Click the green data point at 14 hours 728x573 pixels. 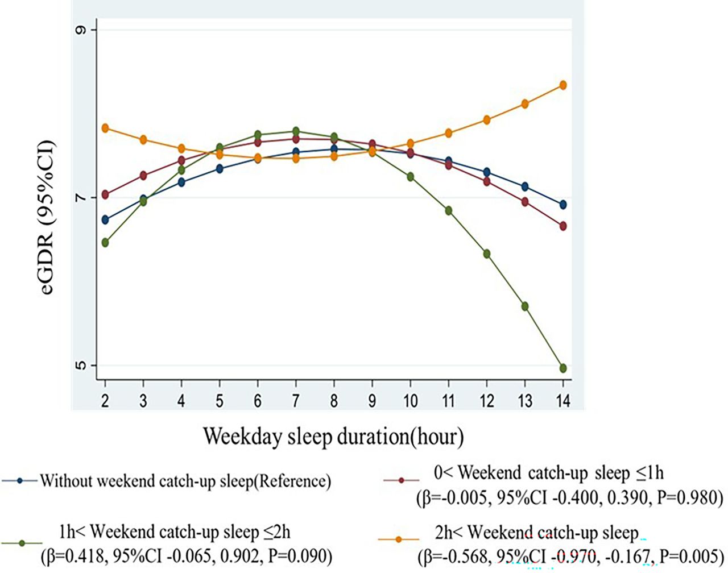point(563,368)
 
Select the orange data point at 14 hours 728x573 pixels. point(563,85)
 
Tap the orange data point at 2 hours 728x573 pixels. point(105,128)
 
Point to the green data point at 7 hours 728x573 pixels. point(296,132)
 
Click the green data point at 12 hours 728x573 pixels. point(487,254)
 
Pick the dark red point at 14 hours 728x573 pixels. point(563,226)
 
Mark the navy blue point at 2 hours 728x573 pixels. point(105,219)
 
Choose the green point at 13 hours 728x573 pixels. point(525,306)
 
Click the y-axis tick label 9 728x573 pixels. point(79,30)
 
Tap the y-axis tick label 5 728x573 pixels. point(79,365)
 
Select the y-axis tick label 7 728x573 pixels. point(79,198)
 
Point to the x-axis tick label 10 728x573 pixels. point(410,401)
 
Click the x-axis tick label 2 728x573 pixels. point(105,401)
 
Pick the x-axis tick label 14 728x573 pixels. point(562,401)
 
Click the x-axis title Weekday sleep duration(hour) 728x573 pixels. point(333,437)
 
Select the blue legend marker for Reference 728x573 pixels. point(20,481)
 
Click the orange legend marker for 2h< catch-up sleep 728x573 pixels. point(399,539)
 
